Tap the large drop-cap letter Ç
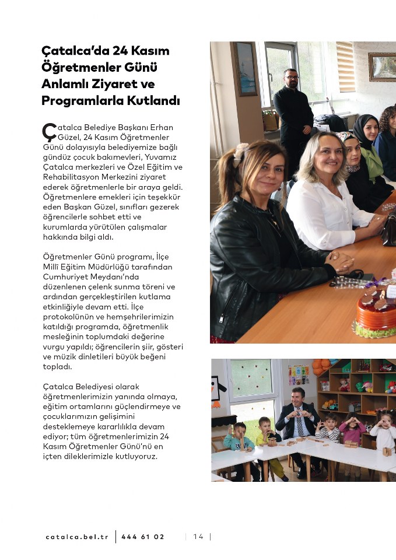50,131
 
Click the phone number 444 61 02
143,537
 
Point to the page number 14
198,537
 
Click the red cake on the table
376,309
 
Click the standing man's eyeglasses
292,77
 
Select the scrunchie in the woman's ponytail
241,155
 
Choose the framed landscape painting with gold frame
382,66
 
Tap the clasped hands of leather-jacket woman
339,261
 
